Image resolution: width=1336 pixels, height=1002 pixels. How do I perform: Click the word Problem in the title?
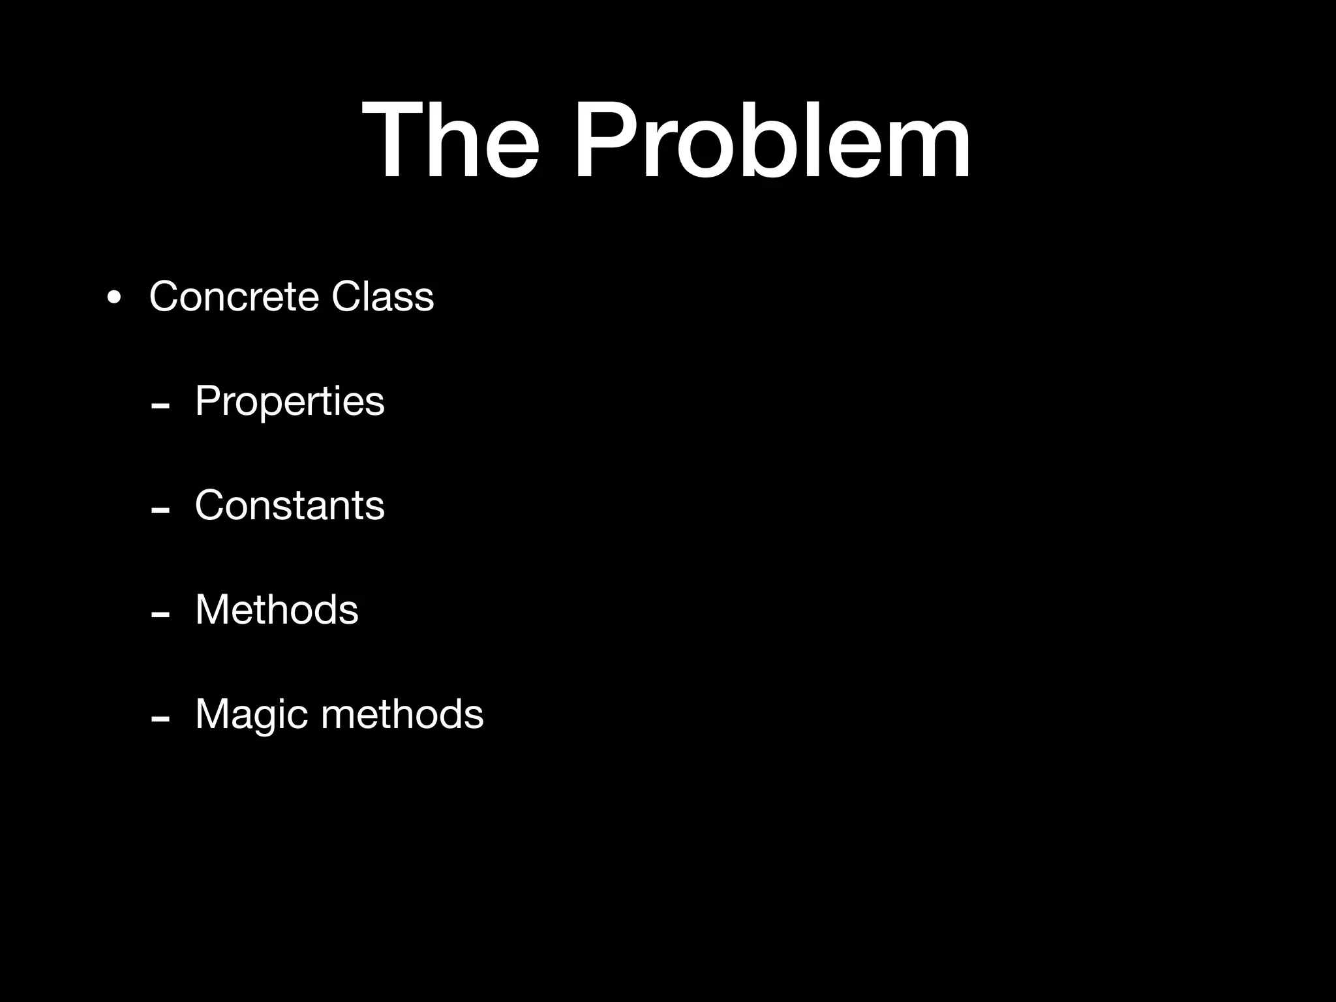tap(772, 140)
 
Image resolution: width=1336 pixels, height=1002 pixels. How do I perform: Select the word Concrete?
tap(234, 297)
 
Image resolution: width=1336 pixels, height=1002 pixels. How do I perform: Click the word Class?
tap(382, 297)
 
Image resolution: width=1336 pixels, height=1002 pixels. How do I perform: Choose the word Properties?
tap(290, 401)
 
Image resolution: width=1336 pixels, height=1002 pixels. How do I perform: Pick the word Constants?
tap(290, 506)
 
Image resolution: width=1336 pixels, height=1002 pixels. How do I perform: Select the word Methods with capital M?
tap(277, 610)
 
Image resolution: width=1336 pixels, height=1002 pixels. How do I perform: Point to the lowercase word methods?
tap(402, 714)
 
